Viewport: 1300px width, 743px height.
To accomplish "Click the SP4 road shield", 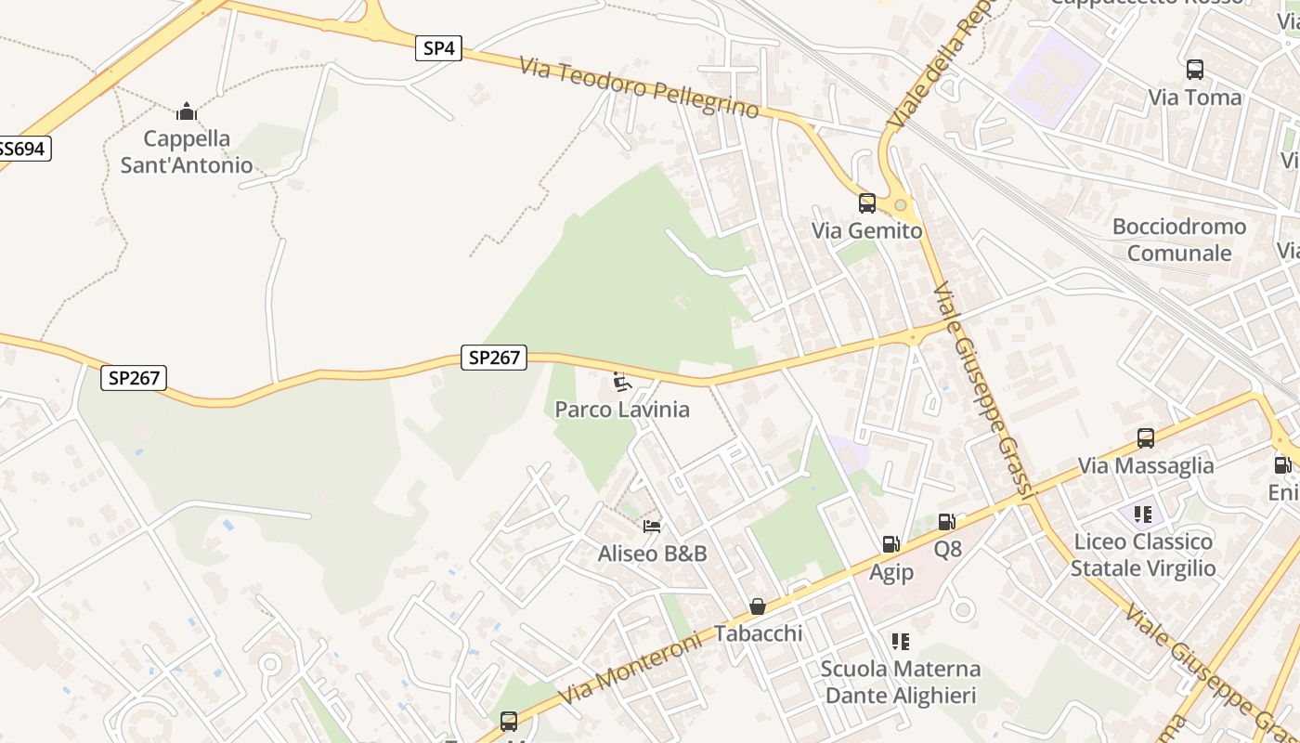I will pos(438,48).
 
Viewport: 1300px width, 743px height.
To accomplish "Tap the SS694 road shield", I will pos(22,149).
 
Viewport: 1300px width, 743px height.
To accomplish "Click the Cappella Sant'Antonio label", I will pos(187,152).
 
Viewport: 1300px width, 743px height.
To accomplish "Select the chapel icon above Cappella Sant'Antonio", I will pos(187,112).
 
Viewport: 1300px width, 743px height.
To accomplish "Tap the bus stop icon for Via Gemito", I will pos(867,202).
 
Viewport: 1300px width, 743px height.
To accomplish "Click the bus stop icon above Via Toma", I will pos(1195,70).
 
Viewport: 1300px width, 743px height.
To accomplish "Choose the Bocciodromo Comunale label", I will pos(1179,240).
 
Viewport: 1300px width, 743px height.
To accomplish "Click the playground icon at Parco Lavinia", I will pos(622,381).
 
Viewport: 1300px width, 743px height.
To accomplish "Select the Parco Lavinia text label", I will pos(622,410).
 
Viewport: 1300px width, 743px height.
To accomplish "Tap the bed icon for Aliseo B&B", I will pos(652,527).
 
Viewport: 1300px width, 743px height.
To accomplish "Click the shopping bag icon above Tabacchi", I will pos(758,606).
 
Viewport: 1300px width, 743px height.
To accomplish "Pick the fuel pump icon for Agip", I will pos(890,544).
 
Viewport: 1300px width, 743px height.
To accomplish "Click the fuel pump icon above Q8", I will pos(947,523).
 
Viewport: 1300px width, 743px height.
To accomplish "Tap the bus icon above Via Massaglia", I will pos(1146,438).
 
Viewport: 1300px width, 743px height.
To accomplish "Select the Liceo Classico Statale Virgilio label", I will pos(1143,554).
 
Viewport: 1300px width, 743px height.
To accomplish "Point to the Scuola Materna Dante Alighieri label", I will pos(900,682).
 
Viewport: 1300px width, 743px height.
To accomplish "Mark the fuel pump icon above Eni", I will pos(1282,465).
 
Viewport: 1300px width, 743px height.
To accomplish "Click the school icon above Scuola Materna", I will pos(900,642).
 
